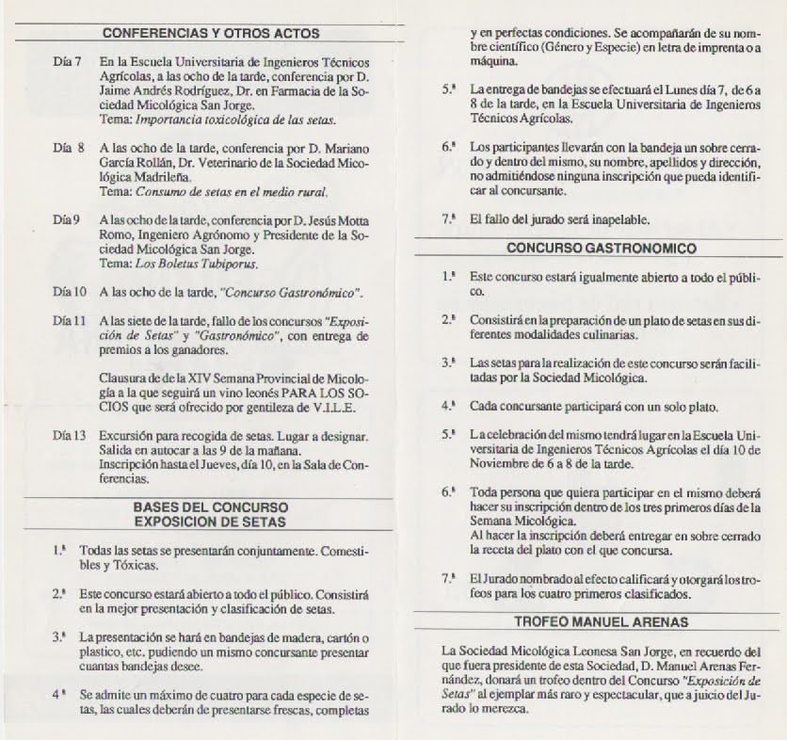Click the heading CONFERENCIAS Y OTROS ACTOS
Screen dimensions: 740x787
click(210, 33)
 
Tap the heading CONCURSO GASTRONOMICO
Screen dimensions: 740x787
click(601, 249)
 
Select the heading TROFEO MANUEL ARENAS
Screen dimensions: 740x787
click(601, 621)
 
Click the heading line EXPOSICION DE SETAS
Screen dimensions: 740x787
click(209, 520)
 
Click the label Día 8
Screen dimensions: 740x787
click(69, 149)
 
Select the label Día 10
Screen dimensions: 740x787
click(70, 292)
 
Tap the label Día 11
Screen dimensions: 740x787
click(70, 320)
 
